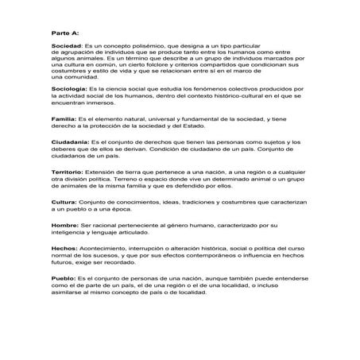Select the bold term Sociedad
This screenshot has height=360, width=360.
point(66,48)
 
